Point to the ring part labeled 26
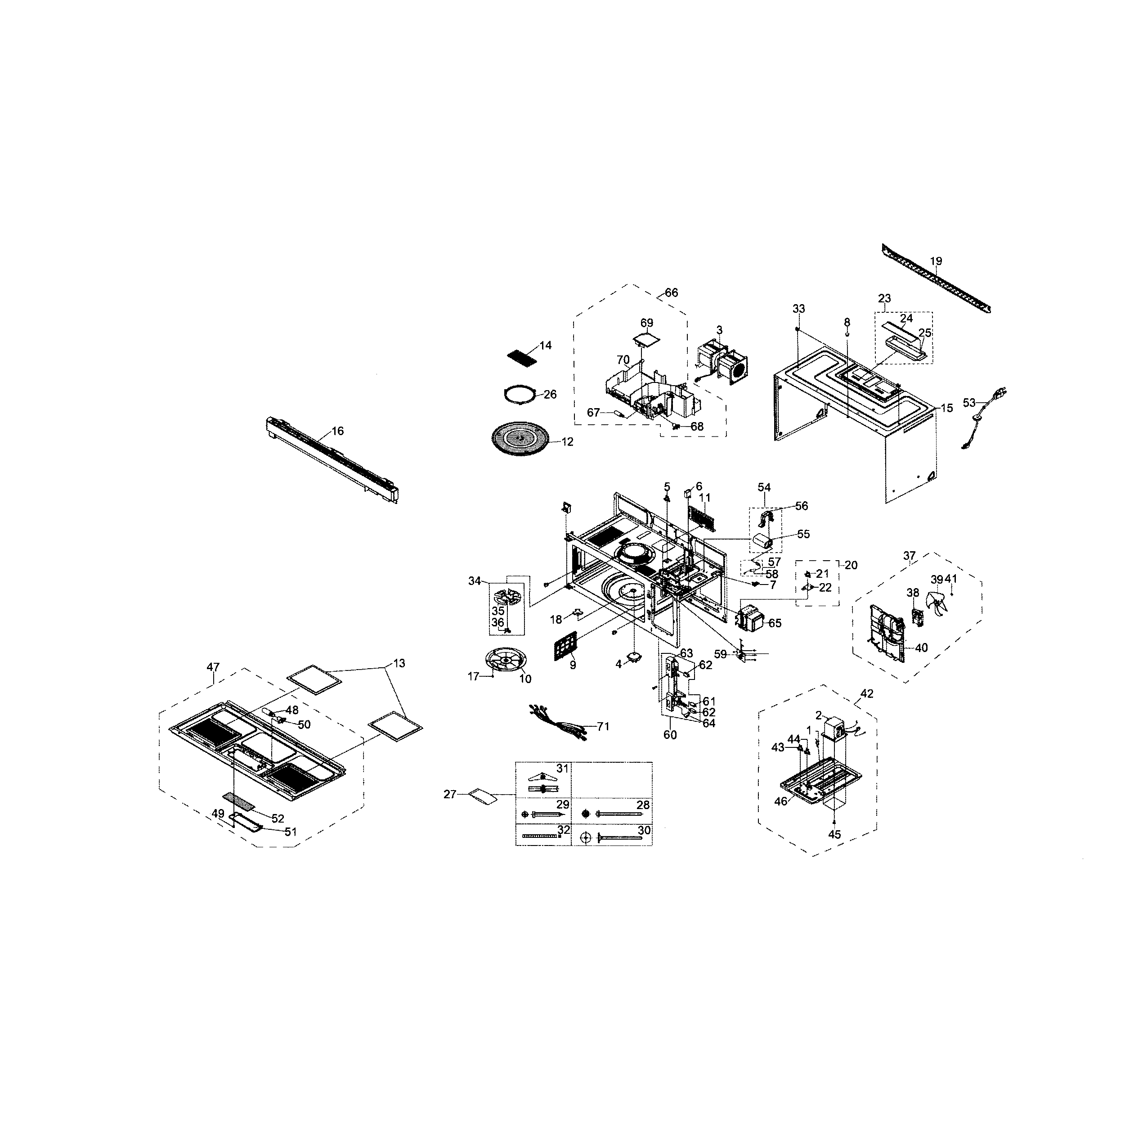(x=519, y=394)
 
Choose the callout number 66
(x=672, y=292)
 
